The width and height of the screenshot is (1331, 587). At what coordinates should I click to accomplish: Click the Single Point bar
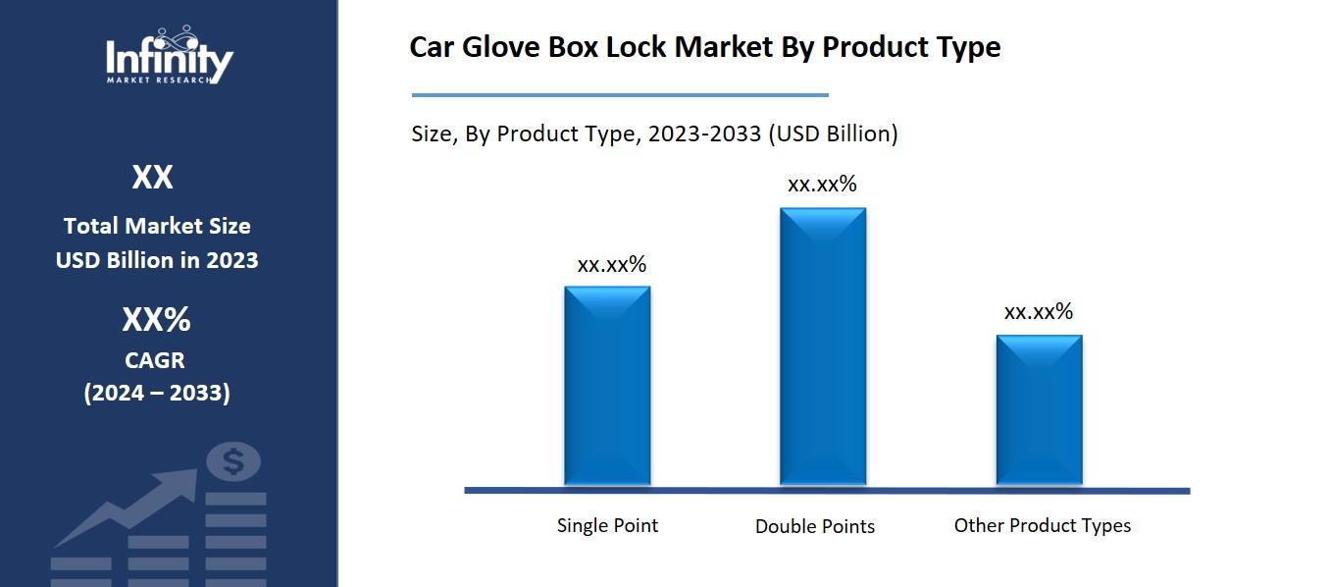(x=607, y=385)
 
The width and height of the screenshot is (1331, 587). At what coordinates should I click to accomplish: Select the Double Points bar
(x=822, y=346)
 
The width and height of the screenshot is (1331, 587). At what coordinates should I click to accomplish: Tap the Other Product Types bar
(x=1039, y=409)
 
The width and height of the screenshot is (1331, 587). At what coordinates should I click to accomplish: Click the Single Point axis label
(x=607, y=525)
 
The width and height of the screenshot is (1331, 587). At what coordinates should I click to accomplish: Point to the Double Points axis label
(x=814, y=526)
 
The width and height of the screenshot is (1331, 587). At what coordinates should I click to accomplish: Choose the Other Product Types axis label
(x=1042, y=525)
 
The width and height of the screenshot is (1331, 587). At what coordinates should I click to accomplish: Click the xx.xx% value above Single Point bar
(x=611, y=264)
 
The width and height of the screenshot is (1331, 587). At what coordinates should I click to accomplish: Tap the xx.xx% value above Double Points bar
(x=822, y=184)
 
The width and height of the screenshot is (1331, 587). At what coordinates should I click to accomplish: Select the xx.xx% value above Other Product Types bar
(x=1038, y=312)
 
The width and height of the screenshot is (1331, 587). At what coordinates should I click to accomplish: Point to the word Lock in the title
(x=642, y=47)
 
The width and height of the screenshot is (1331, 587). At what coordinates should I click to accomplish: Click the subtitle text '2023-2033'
(x=702, y=133)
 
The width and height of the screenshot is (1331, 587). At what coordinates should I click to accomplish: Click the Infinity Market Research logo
(x=169, y=57)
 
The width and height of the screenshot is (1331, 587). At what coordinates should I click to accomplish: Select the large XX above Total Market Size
(x=153, y=178)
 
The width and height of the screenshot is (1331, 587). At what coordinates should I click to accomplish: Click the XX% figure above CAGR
(x=156, y=320)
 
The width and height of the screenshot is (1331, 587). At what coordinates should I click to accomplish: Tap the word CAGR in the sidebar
(x=155, y=360)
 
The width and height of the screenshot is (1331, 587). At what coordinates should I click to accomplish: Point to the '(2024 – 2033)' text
(x=157, y=393)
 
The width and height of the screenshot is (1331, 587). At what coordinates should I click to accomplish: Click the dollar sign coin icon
(x=233, y=461)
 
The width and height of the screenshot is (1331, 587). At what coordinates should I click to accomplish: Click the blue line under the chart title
(x=620, y=95)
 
